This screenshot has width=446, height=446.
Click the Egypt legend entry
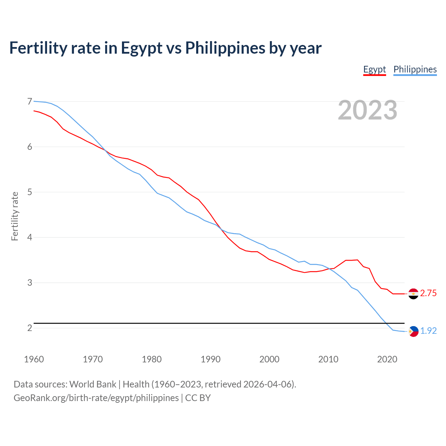[x=375, y=69]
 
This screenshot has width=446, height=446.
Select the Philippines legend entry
[x=415, y=69]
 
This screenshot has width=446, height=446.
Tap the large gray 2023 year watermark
[x=368, y=110]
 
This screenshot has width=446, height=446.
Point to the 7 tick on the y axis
[x=30, y=101]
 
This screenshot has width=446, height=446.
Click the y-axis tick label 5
[x=30, y=192]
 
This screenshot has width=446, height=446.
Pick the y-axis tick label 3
[x=30, y=283]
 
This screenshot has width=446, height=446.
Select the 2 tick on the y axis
[x=30, y=328]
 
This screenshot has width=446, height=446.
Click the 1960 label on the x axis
[x=34, y=359]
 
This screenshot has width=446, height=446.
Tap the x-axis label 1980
[x=152, y=359]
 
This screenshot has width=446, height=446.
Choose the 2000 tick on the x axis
[x=269, y=359]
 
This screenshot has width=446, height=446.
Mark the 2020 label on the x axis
[x=387, y=359]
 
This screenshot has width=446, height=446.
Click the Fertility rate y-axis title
[x=15, y=216]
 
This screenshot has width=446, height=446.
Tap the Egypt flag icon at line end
[x=413, y=294]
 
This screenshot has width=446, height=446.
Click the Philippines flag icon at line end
[x=413, y=331]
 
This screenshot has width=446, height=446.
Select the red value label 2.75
[x=428, y=293]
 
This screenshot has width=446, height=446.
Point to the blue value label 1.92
[x=428, y=331]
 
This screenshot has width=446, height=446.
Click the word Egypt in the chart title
[x=141, y=48]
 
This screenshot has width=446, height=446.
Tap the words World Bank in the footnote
[x=93, y=384]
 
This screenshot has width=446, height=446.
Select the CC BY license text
[x=198, y=398]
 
